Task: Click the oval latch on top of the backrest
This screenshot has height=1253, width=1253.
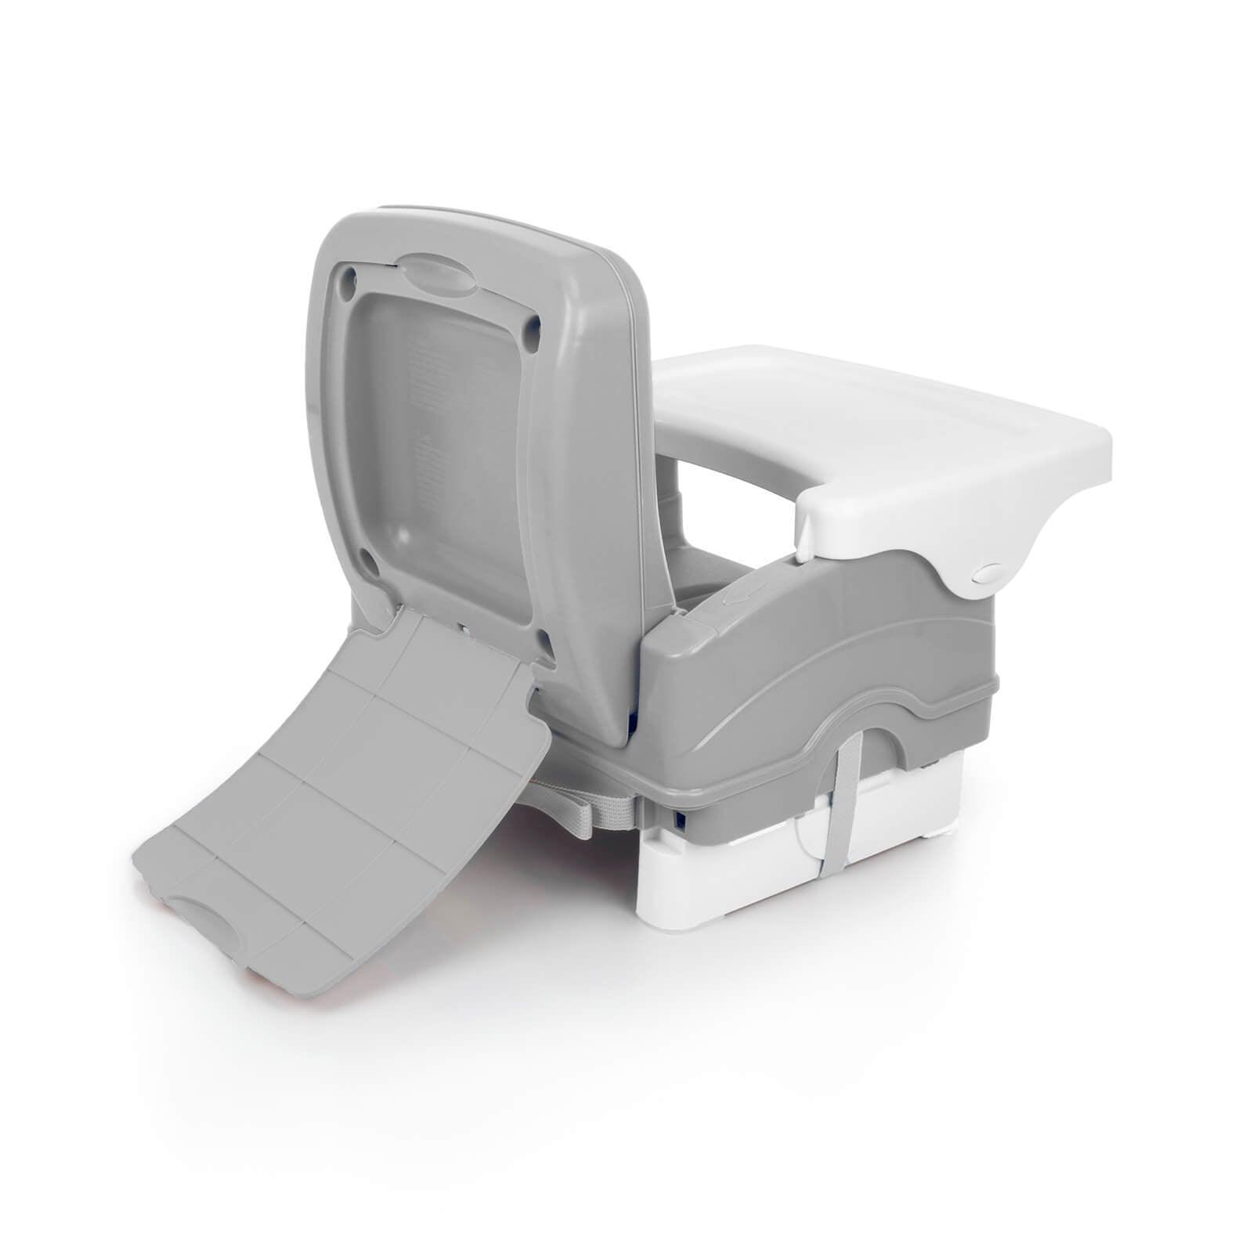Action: tap(436, 275)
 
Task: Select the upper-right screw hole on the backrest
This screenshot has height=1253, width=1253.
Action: tap(534, 323)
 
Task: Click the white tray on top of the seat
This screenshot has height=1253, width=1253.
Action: tap(885, 423)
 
